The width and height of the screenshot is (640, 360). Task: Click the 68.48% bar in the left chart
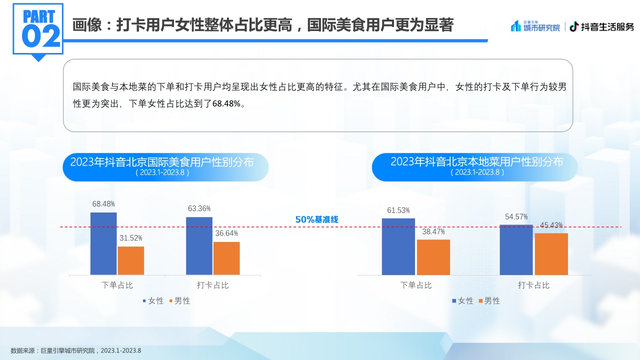click(x=103, y=243)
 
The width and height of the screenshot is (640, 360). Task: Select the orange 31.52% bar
click(x=131, y=260)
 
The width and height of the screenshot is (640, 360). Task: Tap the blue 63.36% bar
click(x=199, y=245)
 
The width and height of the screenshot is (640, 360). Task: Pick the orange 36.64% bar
click(x=226, y=258)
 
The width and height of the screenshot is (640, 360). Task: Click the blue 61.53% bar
click(x=398, y=246)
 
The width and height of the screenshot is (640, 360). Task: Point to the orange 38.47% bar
click(x=433, y=257)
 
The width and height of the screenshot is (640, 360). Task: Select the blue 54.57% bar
click(x=516, y=249)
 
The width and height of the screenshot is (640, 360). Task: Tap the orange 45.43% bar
click(x=551, y=254)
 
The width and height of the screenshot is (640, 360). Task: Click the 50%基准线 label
click(x=317, y=219)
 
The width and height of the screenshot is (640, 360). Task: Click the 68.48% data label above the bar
click(x=103, y=204)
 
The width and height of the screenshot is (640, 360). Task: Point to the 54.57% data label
click(x=516, y=216)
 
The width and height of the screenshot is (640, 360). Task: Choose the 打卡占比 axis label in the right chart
click(x=533, y=285)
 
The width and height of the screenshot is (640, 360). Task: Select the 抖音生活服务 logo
click(x=602, y=26)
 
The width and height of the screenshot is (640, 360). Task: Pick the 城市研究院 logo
click(x=535, y=26)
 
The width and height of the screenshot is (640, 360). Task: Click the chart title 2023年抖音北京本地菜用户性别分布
click(x=476, y=162)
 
